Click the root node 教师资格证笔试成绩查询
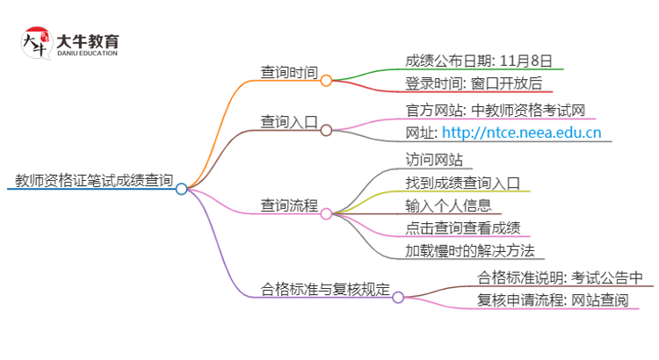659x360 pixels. (94, 182)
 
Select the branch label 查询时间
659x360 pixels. (289, 72)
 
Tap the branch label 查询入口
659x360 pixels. (289, 122)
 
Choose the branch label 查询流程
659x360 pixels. (289, 205)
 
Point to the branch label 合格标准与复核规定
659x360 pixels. (326, 289)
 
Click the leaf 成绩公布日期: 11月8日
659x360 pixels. (479, 61)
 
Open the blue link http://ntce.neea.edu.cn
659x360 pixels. (521, 133)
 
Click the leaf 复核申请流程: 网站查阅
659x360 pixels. (553, 301)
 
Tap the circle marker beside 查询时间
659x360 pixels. (326, 81)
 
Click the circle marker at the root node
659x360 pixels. (181, 189)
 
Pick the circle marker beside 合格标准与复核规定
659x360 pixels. (398, 298)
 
